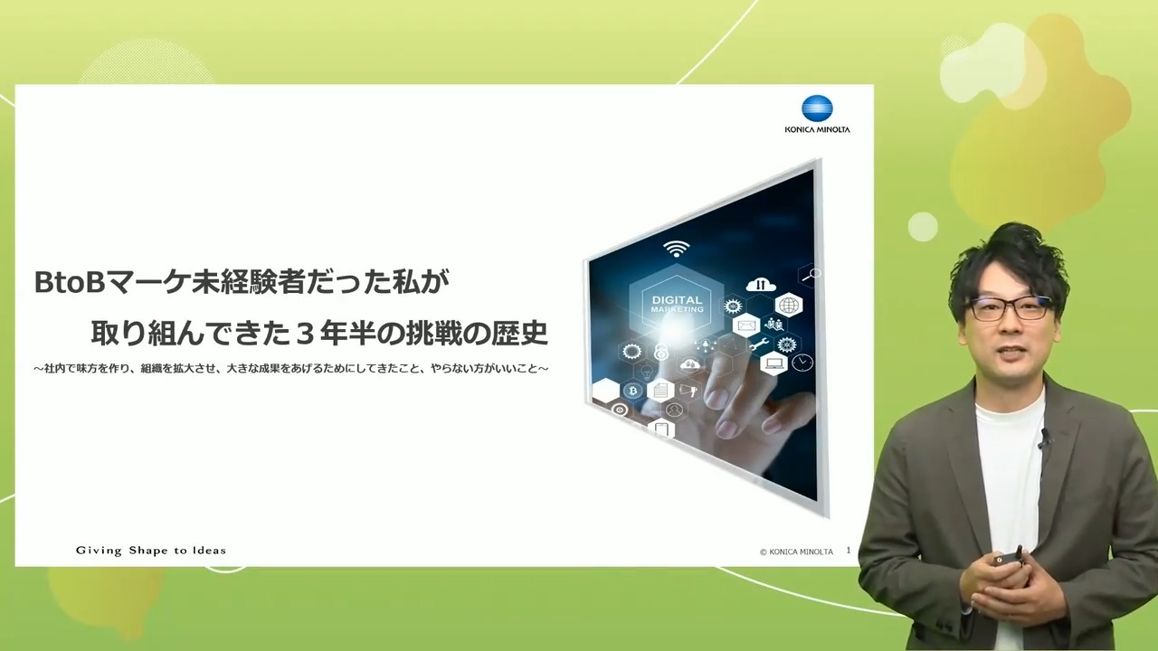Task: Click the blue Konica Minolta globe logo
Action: [817, 108]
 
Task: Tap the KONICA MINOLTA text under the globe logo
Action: [817, 129]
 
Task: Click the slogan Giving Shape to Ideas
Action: [151, 551]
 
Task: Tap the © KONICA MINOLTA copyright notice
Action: [797, 552]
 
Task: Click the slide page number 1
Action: [848, 551]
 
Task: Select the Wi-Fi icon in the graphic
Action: [676, 249]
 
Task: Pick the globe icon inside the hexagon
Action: [788, 306]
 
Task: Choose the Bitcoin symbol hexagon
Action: [632, 391]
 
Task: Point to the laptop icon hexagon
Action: [774, 363]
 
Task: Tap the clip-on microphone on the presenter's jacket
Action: [1044, 439]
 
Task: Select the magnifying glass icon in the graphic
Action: [812, 275]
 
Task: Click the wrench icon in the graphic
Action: [758, 344]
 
